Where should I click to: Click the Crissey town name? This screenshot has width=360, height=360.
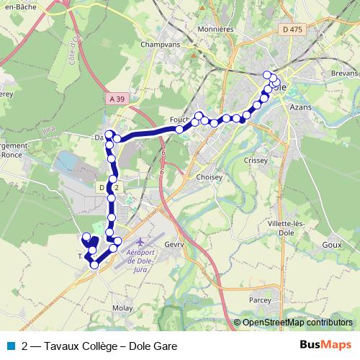click(x=256, y=161)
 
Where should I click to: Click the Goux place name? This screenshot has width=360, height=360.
click(x=332, y=245)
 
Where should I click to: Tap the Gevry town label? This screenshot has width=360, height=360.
click(x=176, y=245)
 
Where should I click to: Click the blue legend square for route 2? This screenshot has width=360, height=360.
click(x=10, y=346)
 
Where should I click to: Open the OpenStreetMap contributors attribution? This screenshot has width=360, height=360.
click(x=297, y=323)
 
